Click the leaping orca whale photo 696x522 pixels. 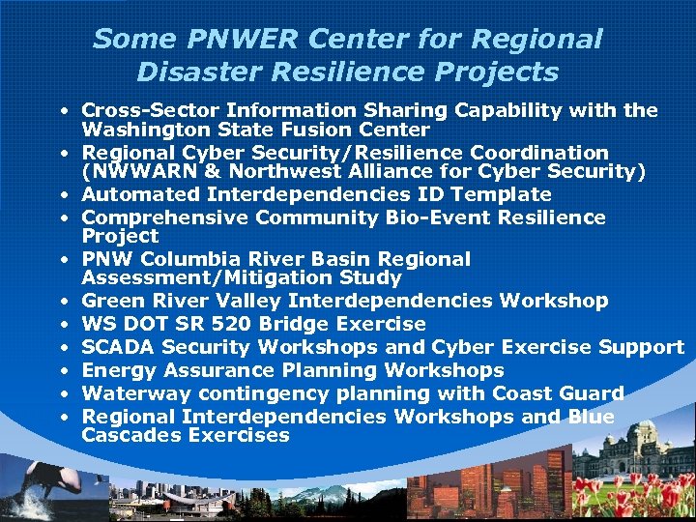39,488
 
